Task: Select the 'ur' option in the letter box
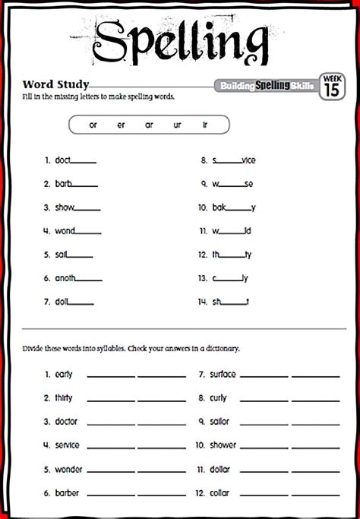tap(177, 125)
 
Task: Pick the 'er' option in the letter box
tap(122, 125)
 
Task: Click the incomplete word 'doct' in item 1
tap(64, 160)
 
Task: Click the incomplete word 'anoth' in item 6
tap(66, 279)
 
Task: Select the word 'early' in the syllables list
tap(64, 375)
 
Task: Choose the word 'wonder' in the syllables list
tap(68, 469)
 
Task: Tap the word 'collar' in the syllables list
tap(220, 493)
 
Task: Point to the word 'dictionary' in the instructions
tap(221, 349)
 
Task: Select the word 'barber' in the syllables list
tap(67, 493)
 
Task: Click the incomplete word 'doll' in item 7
tap(62, 302)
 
